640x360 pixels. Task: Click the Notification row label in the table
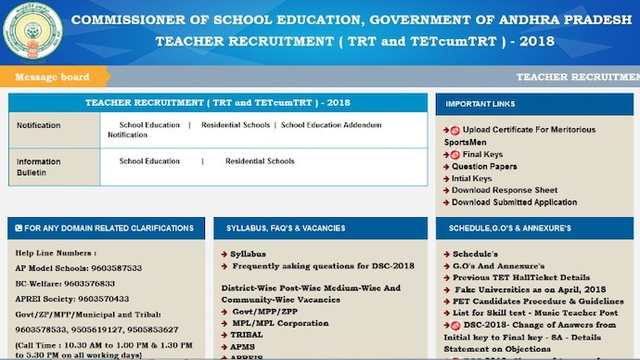38,125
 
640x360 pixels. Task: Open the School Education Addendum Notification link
330,124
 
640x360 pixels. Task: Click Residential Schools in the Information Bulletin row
260,161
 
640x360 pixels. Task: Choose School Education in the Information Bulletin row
149,161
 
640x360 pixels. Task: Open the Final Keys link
483,154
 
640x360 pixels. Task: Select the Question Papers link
484,166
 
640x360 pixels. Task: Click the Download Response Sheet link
505,190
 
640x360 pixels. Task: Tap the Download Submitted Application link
514,202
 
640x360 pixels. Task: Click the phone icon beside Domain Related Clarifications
19,227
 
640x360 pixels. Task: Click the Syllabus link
248,253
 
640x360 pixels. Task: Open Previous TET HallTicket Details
520,277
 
